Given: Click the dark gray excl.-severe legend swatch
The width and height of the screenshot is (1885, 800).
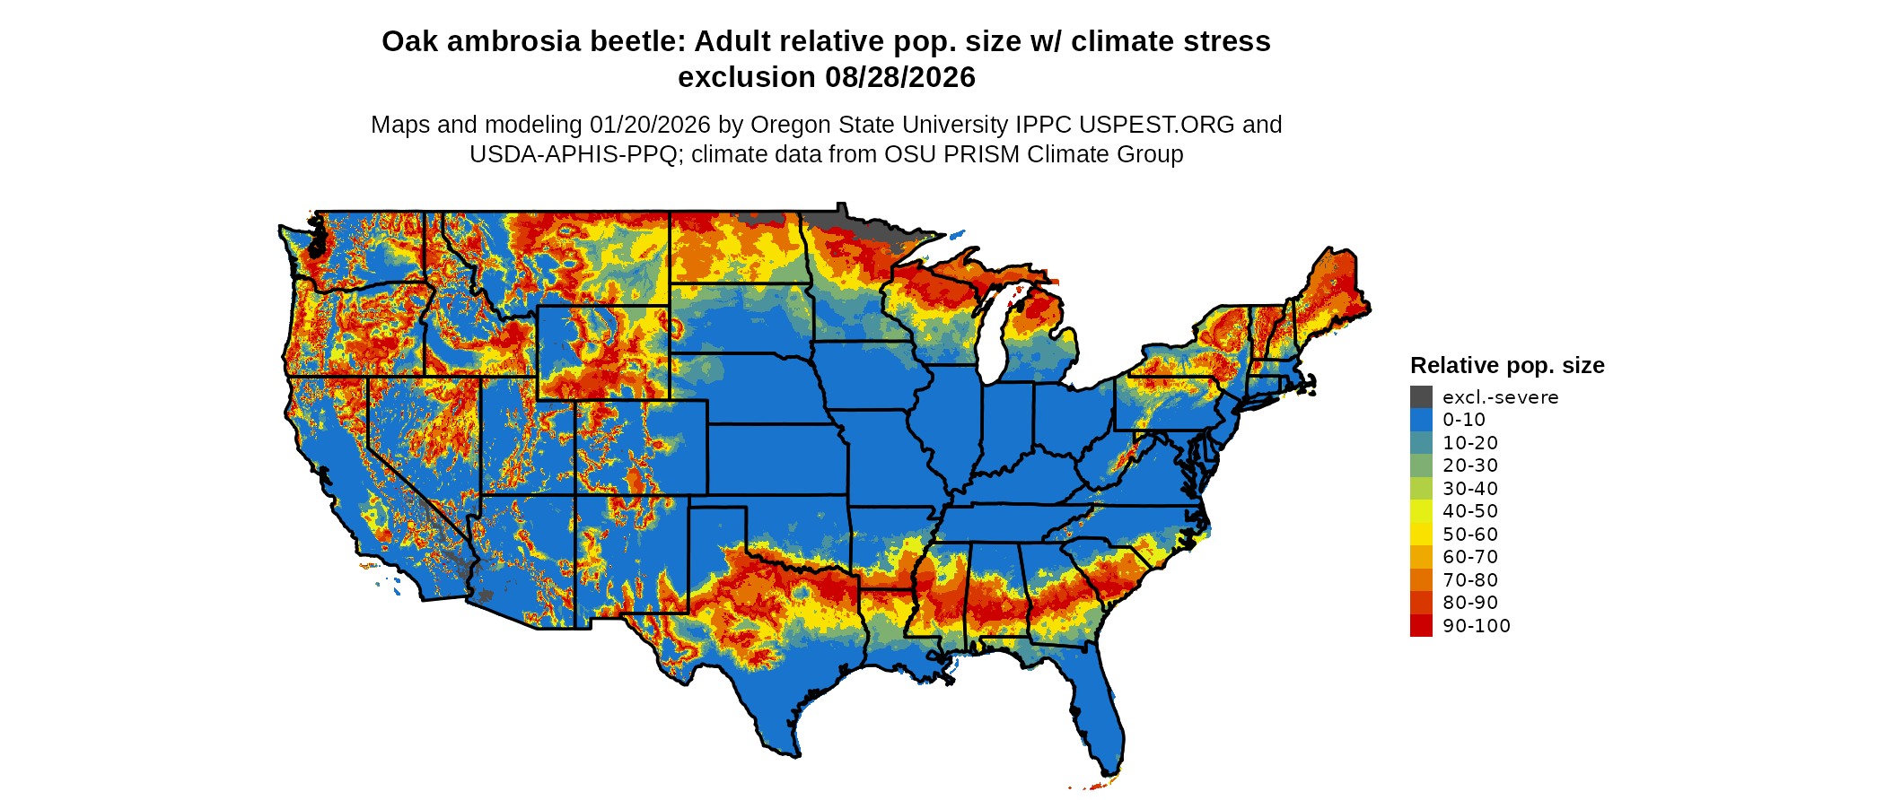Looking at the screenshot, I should click(1421, 397).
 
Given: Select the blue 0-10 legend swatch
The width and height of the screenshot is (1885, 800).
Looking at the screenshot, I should click(1421, 420).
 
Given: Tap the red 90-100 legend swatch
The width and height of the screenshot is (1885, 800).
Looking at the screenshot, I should click(1421, 626).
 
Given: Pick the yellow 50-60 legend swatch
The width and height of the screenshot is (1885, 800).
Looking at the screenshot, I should click(1421, 535).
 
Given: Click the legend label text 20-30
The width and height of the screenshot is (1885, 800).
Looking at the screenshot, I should click(1470, 465).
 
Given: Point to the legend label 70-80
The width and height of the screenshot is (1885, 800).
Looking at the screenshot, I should click(1470, 580).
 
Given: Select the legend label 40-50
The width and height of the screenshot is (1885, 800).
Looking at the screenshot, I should click(1470, 511).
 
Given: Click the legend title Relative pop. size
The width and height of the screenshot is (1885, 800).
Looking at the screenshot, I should click(1507, 366).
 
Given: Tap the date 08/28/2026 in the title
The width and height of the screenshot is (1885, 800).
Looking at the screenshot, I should click(900, 78).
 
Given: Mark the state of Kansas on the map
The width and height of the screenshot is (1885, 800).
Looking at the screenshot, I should click(776, 458).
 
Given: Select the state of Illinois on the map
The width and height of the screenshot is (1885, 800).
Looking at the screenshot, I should click(950, 422).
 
